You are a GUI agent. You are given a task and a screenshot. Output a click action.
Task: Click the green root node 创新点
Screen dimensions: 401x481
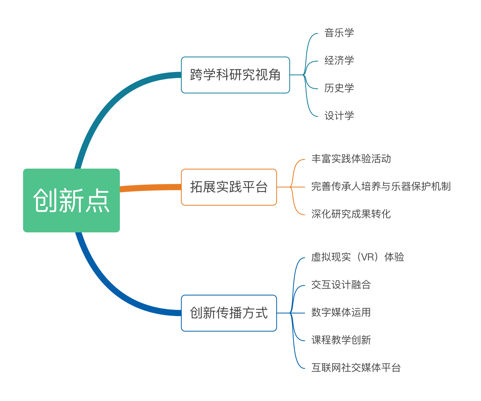(71, 200)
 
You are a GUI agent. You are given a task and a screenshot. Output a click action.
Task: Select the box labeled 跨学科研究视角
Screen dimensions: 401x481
(235, 75)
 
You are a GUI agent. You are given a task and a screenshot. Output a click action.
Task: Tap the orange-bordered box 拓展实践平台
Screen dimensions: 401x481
(229, 187)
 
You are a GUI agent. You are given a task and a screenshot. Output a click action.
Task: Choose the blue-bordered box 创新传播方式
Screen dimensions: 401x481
(229, 313)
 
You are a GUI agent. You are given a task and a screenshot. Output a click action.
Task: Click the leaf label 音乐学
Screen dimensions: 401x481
(339, 33)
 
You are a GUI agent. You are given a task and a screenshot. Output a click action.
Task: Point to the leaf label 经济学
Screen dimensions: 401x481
(339, 61)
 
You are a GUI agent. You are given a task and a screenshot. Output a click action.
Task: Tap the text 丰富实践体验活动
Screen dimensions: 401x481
(351, 159)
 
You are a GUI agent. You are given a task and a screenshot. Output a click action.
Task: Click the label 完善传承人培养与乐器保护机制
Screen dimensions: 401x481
(381, 187)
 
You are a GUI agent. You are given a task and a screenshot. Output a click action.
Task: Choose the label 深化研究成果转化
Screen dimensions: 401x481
(351, 214)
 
